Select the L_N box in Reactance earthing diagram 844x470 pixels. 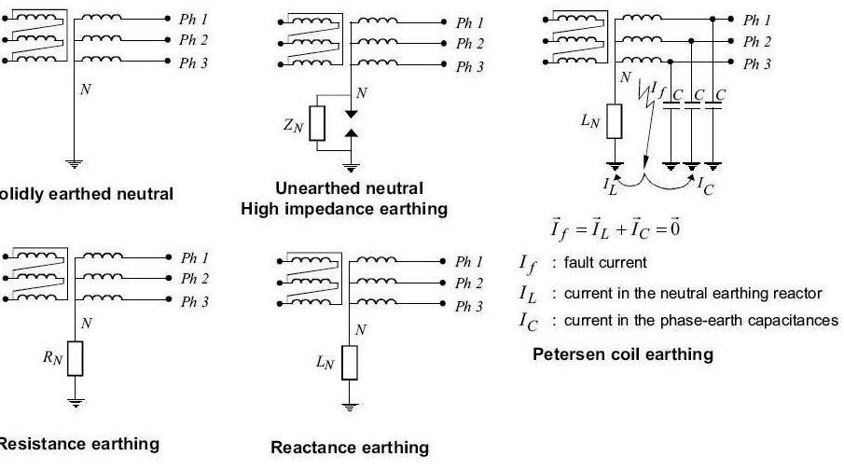click(x=350, y=362)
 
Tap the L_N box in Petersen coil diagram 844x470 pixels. click(x=615, y=118)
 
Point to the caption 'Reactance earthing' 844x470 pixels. click(x=350, y=448)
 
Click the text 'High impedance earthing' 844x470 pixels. click(x=343, y=208)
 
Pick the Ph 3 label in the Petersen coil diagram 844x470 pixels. click(x=756, y=64)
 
